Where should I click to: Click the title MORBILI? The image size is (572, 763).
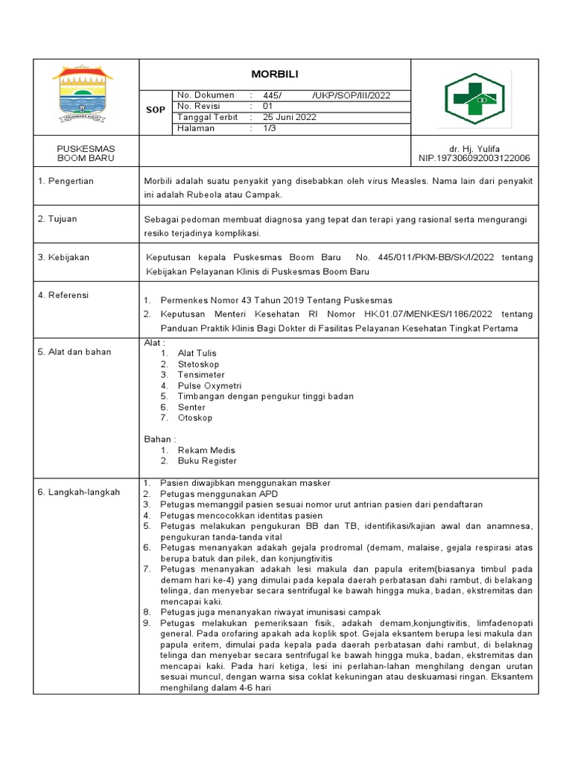(274, 75)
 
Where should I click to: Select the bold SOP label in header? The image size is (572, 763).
(155, 110)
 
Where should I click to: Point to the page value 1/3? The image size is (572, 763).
(269, 128)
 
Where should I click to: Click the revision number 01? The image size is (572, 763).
(269, 107)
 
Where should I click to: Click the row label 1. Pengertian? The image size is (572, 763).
(66, 182)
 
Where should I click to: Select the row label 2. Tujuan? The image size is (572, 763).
(57, 219)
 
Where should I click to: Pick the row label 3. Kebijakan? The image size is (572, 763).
(63, 257)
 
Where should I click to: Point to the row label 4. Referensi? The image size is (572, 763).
(63, 295)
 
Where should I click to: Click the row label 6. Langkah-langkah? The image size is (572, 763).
(78, 492)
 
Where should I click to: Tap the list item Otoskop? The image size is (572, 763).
(195, 418)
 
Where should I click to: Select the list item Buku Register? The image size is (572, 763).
(207, 461)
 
